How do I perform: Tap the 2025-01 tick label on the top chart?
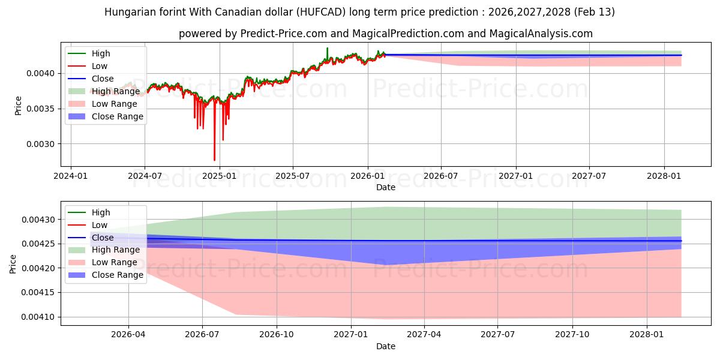219,176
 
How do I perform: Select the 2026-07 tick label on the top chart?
441,176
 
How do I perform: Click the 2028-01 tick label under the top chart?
664,176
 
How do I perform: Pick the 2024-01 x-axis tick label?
71,176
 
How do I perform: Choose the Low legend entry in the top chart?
100,66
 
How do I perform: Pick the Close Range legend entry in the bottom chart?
118,275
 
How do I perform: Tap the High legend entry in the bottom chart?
101,212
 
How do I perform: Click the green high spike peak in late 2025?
327,48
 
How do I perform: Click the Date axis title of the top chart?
385,187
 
